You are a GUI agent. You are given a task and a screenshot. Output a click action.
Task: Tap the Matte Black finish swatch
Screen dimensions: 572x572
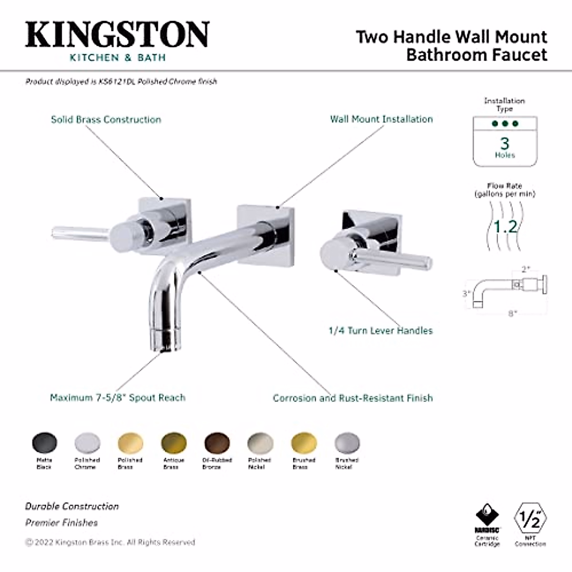click(x=44, y=442)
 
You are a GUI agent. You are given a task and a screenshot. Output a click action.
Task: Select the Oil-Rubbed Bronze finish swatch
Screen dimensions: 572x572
click(x=217, y=443)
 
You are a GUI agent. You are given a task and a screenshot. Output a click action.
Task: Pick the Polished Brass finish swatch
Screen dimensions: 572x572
click(x=130, y=443)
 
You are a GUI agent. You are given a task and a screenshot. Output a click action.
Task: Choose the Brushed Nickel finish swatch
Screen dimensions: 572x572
click(x=347, y=443)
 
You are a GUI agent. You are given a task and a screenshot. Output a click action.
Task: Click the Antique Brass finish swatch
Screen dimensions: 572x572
click(x=174, y=443)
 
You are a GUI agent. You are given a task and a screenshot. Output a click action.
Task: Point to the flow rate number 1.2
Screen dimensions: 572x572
click(x=505, y=226)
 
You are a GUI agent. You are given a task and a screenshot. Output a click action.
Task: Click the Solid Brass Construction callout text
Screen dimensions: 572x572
click(x=106, y=119)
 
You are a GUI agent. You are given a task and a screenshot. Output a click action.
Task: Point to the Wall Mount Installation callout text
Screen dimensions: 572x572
click(x=381, y=119)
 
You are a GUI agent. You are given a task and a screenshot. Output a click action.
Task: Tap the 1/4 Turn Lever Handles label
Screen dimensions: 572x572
click(x=380, y=330)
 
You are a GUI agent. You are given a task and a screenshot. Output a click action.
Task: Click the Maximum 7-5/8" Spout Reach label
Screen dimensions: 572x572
click(x=117, y=398)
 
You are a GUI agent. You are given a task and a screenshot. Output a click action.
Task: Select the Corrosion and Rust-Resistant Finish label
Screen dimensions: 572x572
click(x=353, y=398)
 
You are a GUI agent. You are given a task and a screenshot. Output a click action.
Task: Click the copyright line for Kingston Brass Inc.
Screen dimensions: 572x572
click(x=110, y=542)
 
